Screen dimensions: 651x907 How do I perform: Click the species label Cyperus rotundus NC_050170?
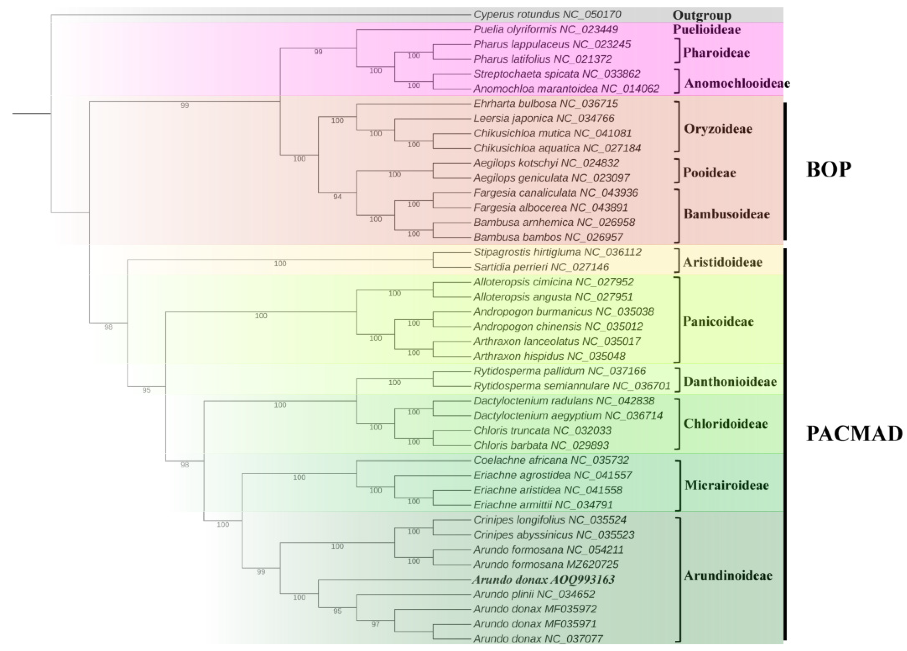(547, 15)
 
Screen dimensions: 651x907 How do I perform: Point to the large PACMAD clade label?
(854, 434)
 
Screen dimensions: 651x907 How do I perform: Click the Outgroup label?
(702, 16)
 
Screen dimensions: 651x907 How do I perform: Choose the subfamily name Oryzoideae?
(718, 129)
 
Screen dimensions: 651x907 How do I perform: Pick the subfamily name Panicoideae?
(718, 321)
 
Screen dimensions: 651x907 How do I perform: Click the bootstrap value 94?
(337, 197)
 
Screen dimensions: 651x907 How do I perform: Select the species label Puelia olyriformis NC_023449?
(546, 30)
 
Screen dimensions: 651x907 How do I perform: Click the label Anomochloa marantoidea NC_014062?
(566, 89)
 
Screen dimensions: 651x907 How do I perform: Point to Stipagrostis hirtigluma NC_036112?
(557, 252)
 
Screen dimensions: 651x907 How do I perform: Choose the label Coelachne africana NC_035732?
(551, 460)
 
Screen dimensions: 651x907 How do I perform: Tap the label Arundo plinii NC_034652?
(534, 594)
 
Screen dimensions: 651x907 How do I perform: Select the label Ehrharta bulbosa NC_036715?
(546, 104)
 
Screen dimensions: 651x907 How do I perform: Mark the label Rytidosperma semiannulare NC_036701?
(572, 386)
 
